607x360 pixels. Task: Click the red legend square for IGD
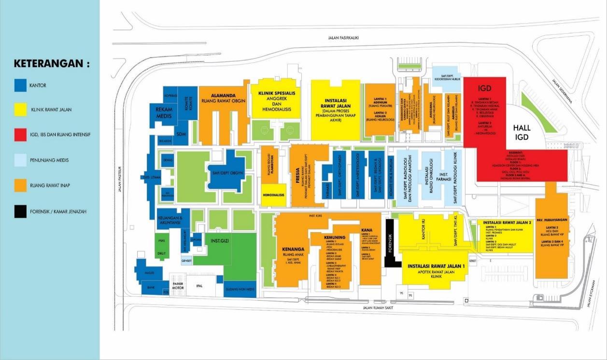[20, 135]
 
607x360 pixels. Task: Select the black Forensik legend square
[20, 211]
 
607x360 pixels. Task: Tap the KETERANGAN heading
[52, 64]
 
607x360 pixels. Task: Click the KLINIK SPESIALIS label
[276, 94]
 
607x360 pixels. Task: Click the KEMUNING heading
[335, 238]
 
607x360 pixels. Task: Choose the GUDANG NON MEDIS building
[240, 289]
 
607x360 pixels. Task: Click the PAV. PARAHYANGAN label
[551, 220]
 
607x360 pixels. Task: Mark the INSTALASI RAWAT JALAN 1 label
[436, 266]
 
